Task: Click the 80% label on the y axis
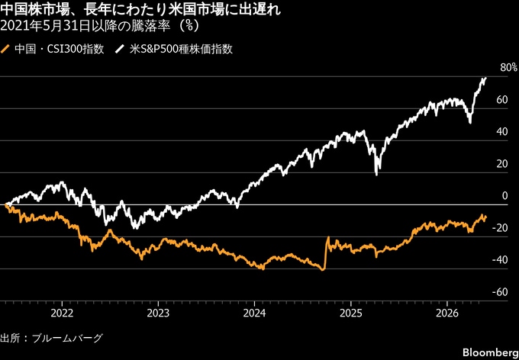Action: tap(508, 68)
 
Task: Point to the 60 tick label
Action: tap(502, 100)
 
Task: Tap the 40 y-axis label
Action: tap(502, 132)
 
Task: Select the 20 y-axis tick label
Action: tap(502, 164)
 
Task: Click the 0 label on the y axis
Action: tap(504, 196)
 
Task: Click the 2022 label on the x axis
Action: tap(62, 313)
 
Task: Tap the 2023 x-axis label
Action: tap(158, 313)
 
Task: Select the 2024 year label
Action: tap(254, 313)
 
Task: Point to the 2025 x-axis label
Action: tap(351, 313)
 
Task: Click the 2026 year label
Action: tap(446, 313)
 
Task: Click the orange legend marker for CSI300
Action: tap(5, 50)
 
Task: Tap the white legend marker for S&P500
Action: tap(118, 50)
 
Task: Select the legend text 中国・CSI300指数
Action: tap(60, 50)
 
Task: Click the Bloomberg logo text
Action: tap(490, 352)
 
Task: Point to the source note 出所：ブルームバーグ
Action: tap(52, 339)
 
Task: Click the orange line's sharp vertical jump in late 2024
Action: tap(326, 253)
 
